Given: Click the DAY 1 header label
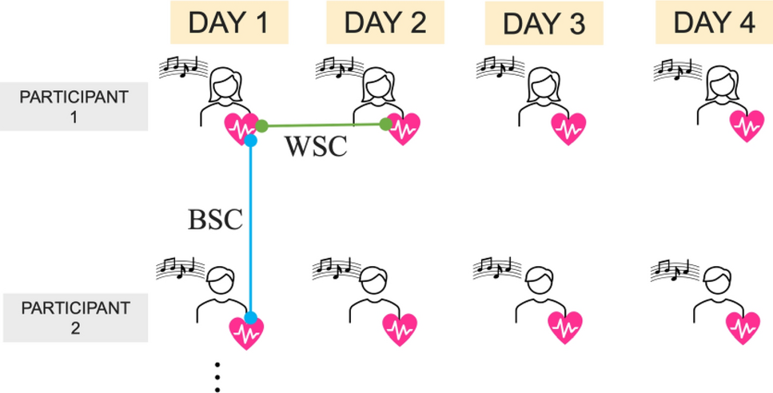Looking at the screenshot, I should [x=229, y=22].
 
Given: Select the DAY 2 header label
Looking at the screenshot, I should [x=385, y=22].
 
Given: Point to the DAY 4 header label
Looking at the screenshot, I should [x=714, y=22].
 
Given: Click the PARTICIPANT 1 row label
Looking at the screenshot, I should [x=74, y=107].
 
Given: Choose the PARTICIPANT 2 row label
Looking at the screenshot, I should [x=74, y=317].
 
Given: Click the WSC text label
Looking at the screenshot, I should [x=317, y=146].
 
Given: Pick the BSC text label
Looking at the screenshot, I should [x=214, y=220].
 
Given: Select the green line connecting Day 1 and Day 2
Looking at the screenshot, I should [x=323, y=125].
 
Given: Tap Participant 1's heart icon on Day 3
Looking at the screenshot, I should [x=568, y=128].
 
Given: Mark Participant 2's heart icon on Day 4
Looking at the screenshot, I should [x=743, y=327].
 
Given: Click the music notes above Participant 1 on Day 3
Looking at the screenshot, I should [x=496, y=67].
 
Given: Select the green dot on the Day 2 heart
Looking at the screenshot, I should [x=385, y=124].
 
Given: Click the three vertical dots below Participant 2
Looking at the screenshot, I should [x=217, y=376].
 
